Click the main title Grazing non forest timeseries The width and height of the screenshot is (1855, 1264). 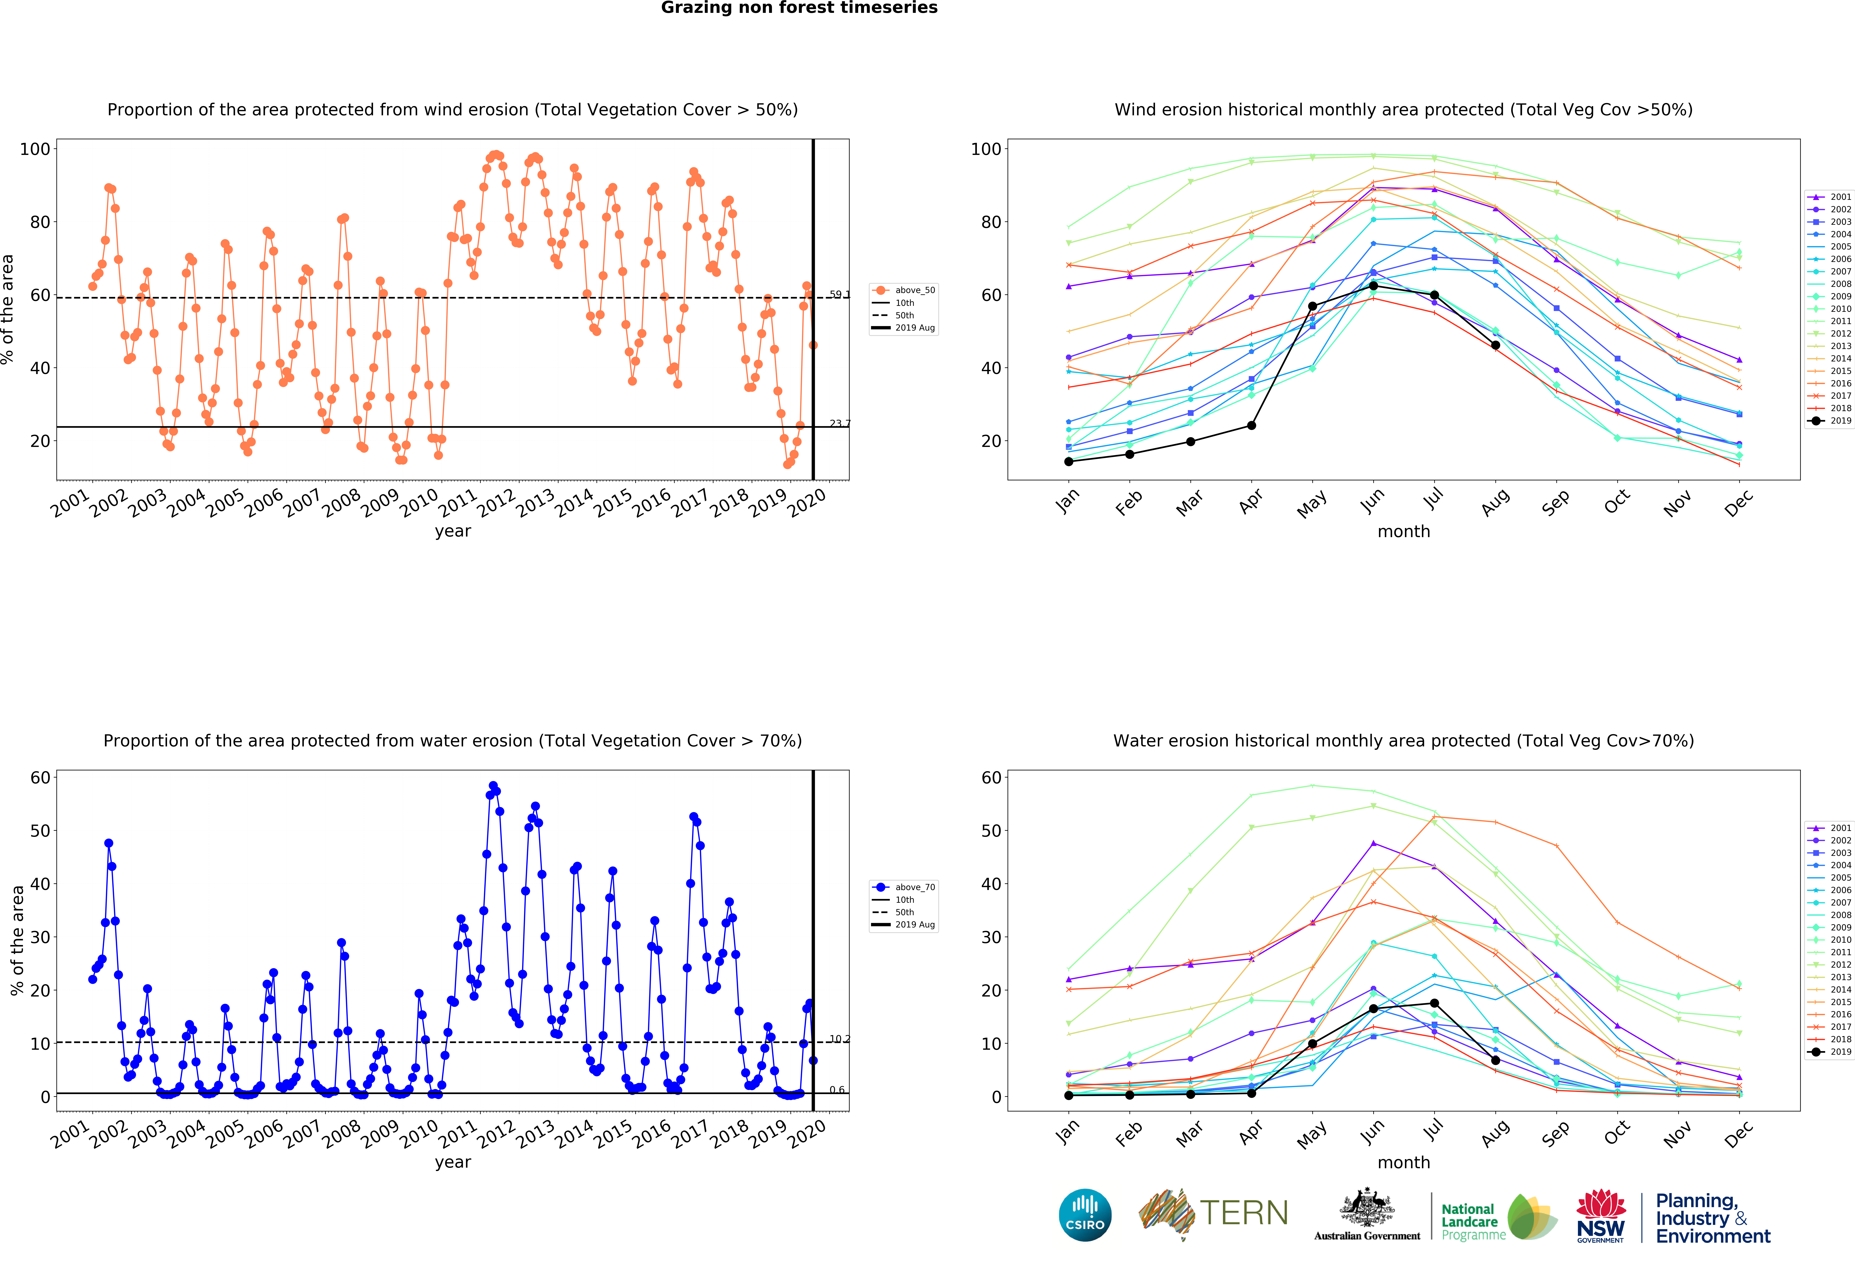click(x=799, y=8)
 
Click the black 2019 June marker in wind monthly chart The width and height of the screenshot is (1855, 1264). click(x=1373, y=286)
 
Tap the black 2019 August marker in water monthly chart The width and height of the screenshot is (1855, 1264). click(x=1495, y=1060)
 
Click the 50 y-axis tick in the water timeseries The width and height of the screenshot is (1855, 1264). click(x=40, y=831)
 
